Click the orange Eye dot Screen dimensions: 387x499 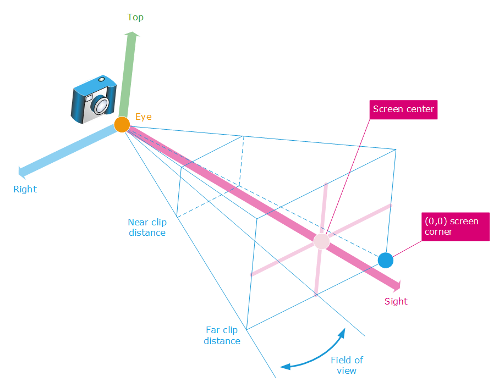[122, 125]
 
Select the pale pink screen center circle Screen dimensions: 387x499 [321, 241]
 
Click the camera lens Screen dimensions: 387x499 [100, 104]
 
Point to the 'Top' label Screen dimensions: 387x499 [135, 17]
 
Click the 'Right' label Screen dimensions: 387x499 [25, 189]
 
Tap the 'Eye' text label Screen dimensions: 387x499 [144, 117]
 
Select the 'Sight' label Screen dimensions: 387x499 [396, 301]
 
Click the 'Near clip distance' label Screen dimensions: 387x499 [147, 228]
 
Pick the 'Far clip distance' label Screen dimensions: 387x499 [222, 335]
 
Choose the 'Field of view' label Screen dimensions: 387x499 [347, 365]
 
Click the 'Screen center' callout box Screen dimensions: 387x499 [403, 109]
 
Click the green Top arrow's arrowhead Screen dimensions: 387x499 [131, 35]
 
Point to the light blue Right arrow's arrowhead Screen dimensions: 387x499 [23, 172]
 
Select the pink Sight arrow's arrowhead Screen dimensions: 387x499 [397, 285]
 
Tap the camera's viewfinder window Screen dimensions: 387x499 [88, 98]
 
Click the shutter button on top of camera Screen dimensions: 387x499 [101, 80]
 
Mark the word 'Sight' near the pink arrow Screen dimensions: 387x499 [396, 301]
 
